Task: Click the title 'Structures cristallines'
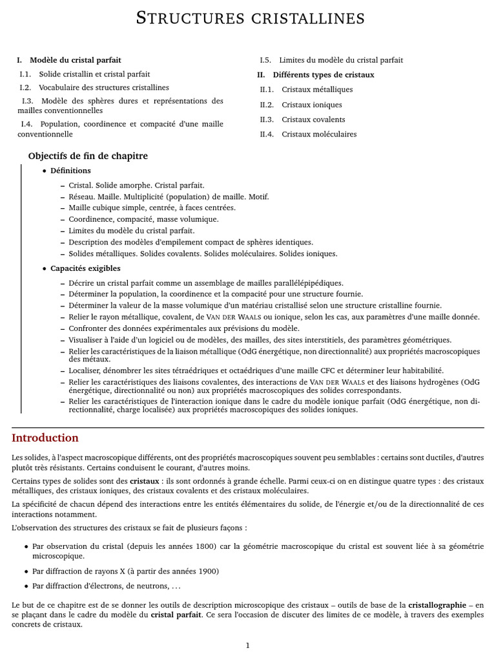(x=250, y=19)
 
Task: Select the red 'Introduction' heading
(x=45, y=438)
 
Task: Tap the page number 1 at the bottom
(x=247, y=645)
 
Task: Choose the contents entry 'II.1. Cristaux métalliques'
(x=306, y=90)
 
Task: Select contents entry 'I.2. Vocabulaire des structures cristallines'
(x=94, y=87)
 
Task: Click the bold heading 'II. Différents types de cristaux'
(x=316, y=75)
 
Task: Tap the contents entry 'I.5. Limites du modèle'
(x=331, y=60)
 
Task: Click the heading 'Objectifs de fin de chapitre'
(x=88, y=156)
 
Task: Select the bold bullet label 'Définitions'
(x=70, y=171)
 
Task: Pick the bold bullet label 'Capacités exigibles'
(x=85, y=268)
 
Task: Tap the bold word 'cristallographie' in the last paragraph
(x=437, y=605)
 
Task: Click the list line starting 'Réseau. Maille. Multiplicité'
(x=169, y=197)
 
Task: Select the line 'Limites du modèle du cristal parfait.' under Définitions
(x=132, y=230)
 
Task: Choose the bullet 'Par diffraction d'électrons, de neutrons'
(x=106, y=586)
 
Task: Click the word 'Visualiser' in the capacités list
(x=86, y=339)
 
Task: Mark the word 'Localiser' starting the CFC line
(x=85, y=370)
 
